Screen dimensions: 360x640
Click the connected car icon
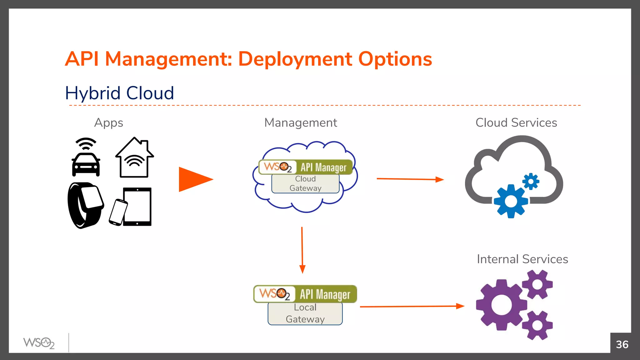point(86,162)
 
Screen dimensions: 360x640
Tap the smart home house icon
point(135,158)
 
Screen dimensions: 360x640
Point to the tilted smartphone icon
point(118,212)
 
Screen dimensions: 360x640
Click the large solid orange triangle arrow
point(194,179)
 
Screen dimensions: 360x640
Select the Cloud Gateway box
point(305,183)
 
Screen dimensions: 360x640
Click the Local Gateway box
point(305,313)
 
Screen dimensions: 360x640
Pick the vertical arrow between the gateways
point(302,250)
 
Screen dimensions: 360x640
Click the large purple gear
point(501,305)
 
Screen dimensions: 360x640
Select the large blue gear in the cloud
point(511,201)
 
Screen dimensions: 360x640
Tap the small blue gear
point(531,181)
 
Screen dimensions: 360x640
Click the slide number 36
point(622,344)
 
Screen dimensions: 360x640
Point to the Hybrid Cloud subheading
point(119,93)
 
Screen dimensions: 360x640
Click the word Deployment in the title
point(295,59)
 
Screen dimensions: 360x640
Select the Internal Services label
point(522,259)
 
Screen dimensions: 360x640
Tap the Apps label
point(108,123)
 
